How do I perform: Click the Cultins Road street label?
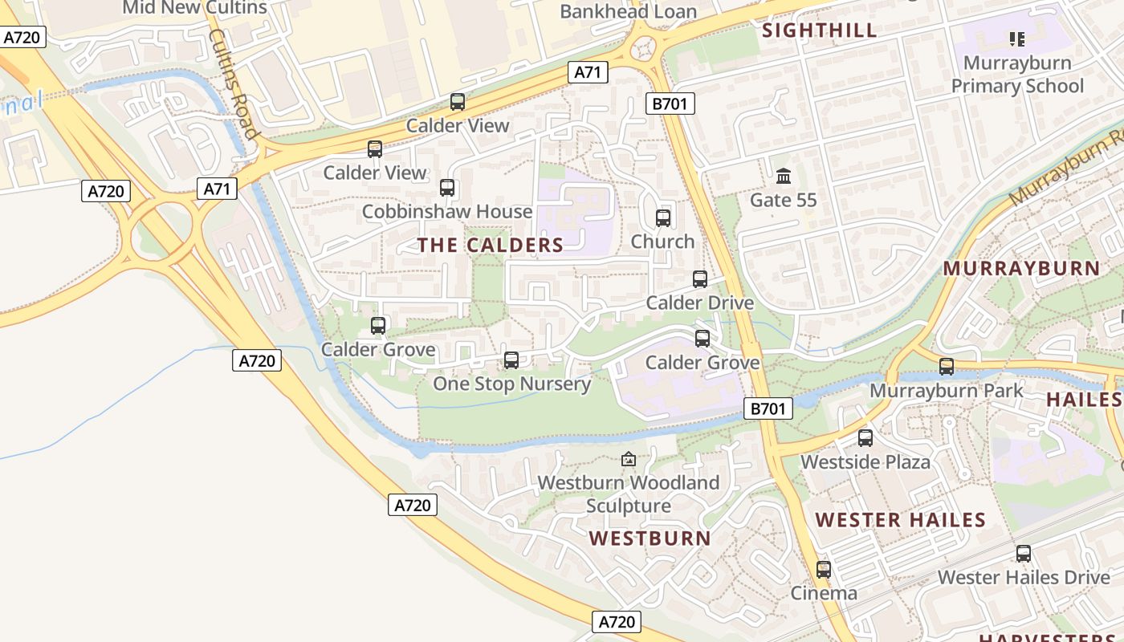tap(234, 84)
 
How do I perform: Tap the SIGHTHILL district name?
tap(819, 30)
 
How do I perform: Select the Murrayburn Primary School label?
tap(1017, 74)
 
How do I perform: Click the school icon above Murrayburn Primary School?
tap(1017, 39)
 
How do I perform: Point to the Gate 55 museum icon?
tap(784, 176)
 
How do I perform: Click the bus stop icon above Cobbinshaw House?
tap(447, 188)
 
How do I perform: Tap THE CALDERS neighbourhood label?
tap(491, 246)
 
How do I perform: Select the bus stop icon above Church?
tap(663, 217)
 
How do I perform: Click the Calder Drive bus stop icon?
tap(700, 279)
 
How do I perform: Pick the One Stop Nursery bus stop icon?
tap(511, 360)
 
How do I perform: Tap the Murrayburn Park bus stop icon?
tap(947, 367)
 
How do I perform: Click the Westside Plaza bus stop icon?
tap(865, 438)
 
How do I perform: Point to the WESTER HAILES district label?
tap(900, 520)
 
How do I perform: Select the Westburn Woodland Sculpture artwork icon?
tap(629, 459)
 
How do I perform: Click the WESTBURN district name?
tap(650, 538)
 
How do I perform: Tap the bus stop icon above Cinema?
tap(824, 570)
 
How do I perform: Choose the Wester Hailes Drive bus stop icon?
tap(1024, 554)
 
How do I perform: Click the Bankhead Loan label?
tap(628, 11)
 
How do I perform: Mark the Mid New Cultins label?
tap(194, 8)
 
